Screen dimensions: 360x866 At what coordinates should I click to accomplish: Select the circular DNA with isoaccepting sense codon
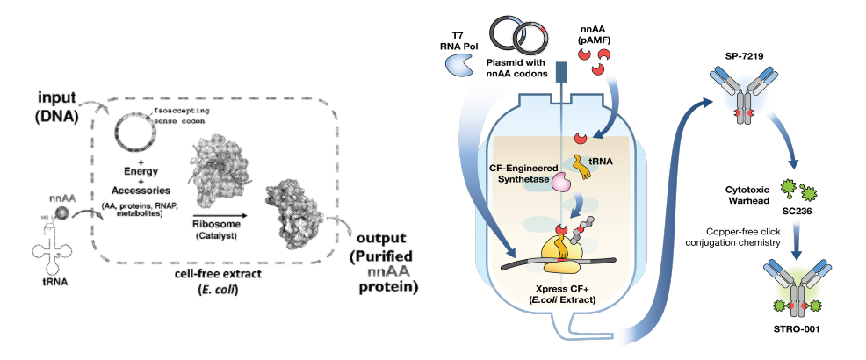[131, 139]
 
